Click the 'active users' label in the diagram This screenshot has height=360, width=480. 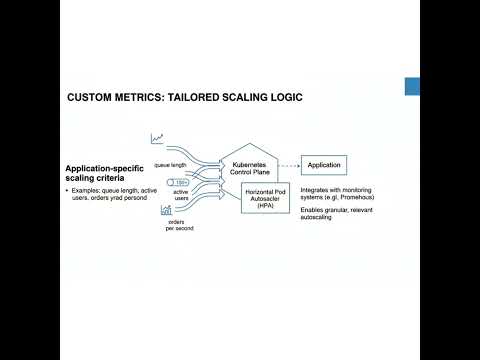(181, 197)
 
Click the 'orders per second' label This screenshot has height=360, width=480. (180, 225)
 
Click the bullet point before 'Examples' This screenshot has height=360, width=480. (68, 189)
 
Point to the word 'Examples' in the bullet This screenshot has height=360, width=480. (87, 189)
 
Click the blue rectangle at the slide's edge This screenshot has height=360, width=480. (411, 87)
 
